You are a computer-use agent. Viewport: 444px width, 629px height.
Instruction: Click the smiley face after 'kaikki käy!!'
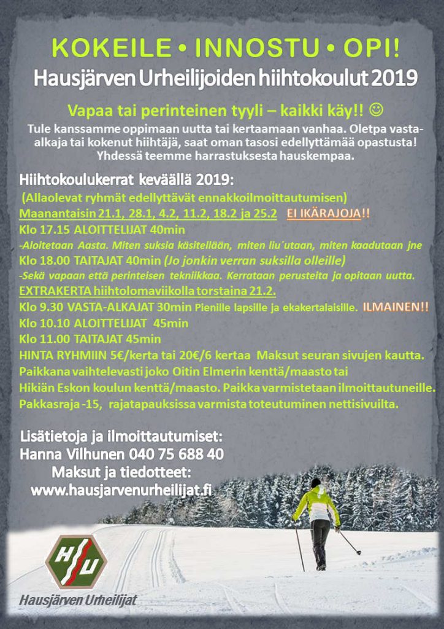[378, 111]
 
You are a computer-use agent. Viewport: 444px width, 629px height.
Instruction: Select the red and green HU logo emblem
[77, 562]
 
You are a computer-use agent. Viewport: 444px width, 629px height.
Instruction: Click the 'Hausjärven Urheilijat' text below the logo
[78, 600]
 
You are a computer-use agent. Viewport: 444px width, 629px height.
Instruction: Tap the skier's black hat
[315, 483]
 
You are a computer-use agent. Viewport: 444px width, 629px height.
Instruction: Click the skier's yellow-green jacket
[316, 504]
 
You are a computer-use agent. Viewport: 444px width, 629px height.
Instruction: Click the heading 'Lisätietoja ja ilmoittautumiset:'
[121, 437]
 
